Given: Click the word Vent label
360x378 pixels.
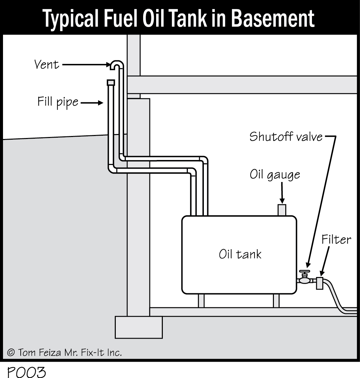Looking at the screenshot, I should point(47,64).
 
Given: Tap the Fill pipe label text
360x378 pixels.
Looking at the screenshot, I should point(57,102).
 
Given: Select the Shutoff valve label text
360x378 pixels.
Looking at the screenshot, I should point(286,137).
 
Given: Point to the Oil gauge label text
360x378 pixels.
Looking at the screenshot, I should point(275,175).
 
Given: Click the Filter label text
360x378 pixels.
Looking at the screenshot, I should point(336,239).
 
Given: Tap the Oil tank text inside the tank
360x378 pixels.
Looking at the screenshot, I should point(240,254).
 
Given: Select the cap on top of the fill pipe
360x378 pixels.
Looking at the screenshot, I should point(110,82).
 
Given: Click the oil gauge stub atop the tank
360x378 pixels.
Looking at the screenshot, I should point(282,210).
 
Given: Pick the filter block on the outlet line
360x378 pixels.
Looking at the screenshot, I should point(320,283).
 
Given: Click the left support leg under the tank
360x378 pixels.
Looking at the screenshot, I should point(201,301).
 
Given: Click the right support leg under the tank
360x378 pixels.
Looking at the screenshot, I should point(276,301).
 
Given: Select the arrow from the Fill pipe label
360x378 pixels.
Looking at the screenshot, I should point(92,103).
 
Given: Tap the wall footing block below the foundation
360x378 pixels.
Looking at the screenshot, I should point(138,327).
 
